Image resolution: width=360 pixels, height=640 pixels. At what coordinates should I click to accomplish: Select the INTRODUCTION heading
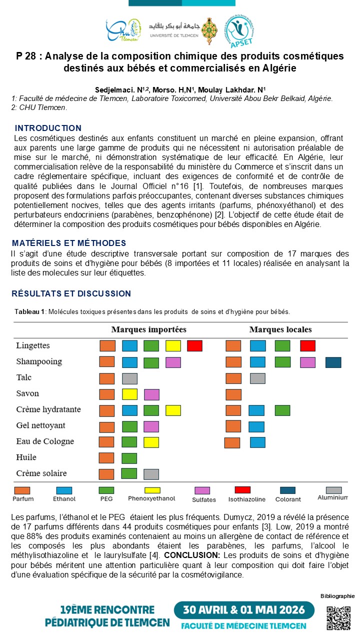pos(48,128)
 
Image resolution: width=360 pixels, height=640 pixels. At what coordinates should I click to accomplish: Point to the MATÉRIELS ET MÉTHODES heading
pos(69,243)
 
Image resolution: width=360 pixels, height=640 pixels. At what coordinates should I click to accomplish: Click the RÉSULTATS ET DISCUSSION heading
pos(71,293)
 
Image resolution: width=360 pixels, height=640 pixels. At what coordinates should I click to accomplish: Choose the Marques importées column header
pos(148,329)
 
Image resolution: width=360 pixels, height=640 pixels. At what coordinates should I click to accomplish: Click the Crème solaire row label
pos(41,473)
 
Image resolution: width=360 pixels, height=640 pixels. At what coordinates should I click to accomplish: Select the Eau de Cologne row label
pos(44,441)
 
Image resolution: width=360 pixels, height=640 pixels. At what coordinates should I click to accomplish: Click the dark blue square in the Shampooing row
pos(333,362)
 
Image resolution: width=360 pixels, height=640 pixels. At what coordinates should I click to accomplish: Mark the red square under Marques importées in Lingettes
pos(194,345)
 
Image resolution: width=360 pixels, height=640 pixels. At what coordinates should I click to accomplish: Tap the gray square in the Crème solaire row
pos(151,474)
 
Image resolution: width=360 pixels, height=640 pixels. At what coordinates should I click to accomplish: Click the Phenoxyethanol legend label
pos(151,498)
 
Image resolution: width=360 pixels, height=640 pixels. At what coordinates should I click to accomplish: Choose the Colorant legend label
pos(288,499)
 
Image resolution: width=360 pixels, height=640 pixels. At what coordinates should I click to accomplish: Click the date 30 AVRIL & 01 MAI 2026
pos(244,611)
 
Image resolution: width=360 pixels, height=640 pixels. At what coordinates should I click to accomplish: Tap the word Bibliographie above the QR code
pos(337,595)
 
